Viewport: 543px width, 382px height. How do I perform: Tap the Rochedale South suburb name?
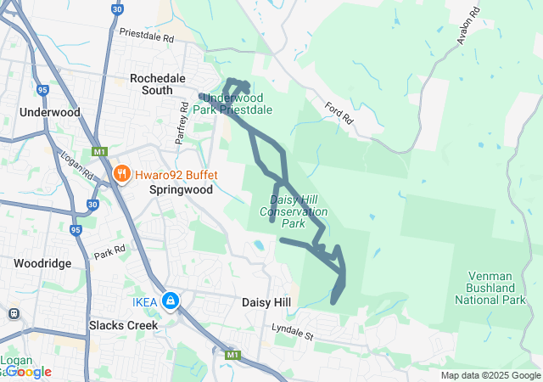pos(164,84)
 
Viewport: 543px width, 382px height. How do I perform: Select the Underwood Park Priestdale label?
pos(232,104)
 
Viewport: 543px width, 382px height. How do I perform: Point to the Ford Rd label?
pos(338,115)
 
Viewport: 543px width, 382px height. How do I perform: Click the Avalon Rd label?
pos(467,25)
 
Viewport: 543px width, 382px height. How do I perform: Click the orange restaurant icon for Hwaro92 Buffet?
pos(122,175)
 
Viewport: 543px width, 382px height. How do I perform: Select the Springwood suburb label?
pos(181,190)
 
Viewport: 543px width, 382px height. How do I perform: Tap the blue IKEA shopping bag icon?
pos(171,301)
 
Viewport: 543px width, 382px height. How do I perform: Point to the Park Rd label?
pos(109,251)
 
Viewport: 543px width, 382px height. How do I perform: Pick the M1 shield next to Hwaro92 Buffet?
pos(100,151)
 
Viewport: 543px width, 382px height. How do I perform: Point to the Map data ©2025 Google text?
pos(490,375)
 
